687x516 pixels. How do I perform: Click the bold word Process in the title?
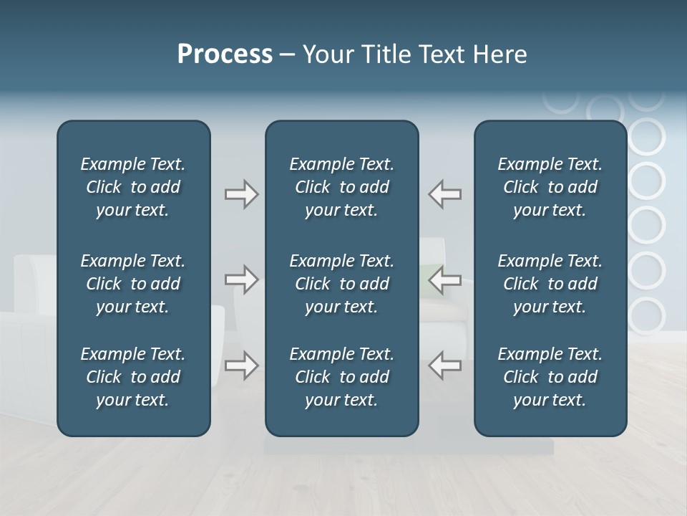tap(225, 54)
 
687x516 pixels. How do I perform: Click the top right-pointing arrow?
tap(242, 194)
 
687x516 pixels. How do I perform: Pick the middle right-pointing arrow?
tap(242, 279)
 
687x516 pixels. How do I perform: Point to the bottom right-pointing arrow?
tap(242, 365)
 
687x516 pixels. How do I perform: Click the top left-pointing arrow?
tap(445, 194)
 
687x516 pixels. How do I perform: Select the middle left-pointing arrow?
tap(445, 279)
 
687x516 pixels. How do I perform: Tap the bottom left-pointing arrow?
tap(445, 365)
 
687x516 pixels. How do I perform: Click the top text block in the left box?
tap(133, 187)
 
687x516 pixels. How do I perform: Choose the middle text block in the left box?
tap(133, 284)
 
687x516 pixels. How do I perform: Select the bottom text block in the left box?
tap(133, 377)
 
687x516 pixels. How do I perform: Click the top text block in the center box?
tap(341, 187)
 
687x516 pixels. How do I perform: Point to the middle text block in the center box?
tap(341, 284)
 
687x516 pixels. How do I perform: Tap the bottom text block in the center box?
tap(341, 377)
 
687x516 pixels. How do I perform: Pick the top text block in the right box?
tap(550, 187)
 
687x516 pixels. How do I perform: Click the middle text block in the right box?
tap(550, 284)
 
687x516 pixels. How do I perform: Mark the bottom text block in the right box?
tap(550, 377)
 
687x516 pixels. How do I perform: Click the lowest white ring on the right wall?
tap(646, 316)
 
